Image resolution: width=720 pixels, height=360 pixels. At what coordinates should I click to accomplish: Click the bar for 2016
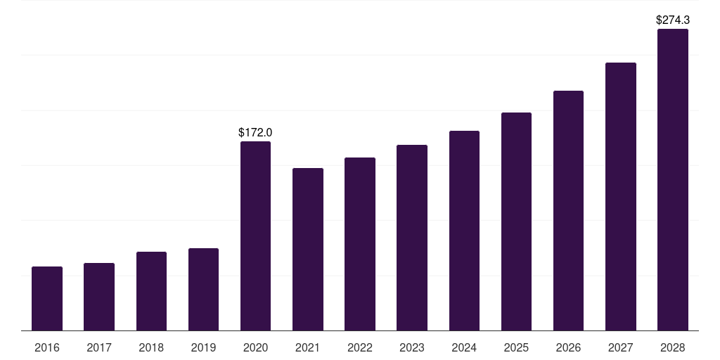(47, 298)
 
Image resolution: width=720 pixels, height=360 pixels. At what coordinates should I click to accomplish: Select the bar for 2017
(99, 297)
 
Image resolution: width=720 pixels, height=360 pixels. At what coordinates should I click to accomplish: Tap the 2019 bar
(203, 289)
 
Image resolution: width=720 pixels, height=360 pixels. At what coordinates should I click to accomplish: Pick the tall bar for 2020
(255, 236)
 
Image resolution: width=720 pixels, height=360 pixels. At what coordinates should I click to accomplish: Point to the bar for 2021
(308, 250)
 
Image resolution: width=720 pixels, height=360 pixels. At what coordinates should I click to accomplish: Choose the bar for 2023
(412, 238)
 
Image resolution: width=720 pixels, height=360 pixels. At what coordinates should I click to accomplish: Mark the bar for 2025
(516, 221)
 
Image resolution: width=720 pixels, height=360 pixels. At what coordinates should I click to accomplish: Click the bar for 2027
(621, 197)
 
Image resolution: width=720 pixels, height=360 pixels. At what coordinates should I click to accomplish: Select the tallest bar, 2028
(673, 179)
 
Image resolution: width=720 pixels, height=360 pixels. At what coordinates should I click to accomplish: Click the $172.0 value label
(255, 133)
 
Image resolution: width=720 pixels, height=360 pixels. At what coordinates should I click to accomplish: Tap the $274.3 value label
(673, 20)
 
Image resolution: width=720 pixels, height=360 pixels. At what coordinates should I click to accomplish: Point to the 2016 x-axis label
(47, 347)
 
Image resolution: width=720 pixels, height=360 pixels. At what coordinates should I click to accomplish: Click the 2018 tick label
(151, 347)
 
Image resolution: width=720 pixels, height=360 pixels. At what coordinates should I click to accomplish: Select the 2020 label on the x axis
(255, 347)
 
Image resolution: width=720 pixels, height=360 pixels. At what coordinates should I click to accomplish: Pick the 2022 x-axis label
(359, 347)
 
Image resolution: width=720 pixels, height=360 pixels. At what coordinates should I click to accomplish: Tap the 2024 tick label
(464, 347)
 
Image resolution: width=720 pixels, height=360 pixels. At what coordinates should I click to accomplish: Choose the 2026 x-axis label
(568, 347)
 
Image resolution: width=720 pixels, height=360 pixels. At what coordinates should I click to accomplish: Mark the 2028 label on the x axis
(673, 347)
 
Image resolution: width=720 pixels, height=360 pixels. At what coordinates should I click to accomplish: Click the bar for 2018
(152, 291)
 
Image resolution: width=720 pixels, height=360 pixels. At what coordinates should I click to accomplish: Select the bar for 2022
(360, 244)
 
